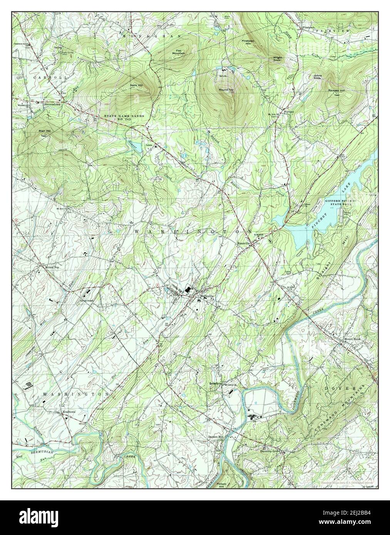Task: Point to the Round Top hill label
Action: [x=226, y=89]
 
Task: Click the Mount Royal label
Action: [x=352, y=339]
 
